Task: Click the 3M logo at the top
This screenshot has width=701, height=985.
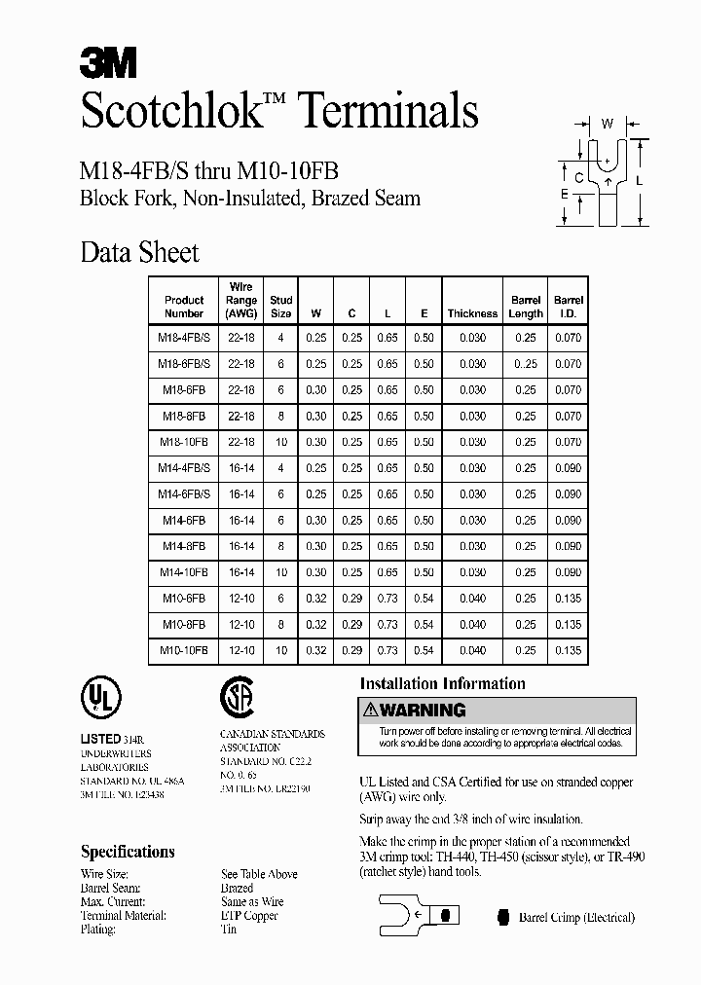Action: (108, 64)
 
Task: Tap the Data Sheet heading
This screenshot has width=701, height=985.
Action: (139, 253)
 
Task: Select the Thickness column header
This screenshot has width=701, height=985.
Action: (472, 313)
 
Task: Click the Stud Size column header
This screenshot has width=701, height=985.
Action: (280, 307)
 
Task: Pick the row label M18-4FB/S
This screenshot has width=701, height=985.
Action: (184, 338)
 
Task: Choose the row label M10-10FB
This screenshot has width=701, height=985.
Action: (184, 651)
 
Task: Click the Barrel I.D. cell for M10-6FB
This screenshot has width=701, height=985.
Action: (568, 599)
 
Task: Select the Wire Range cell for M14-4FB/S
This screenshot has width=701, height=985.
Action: (240, 468)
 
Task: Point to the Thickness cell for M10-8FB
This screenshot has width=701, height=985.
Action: (472, 625)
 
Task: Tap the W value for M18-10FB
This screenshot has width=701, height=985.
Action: (316, 442)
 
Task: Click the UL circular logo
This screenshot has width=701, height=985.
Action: (100, 698)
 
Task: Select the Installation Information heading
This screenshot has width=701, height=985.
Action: (442, 683)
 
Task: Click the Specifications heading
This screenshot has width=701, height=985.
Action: (128, 852)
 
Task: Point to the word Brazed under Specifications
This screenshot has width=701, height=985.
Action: (238, 888)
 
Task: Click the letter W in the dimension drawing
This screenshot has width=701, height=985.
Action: (606, 124)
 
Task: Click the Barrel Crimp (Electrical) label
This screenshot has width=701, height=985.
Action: (576, 917)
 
